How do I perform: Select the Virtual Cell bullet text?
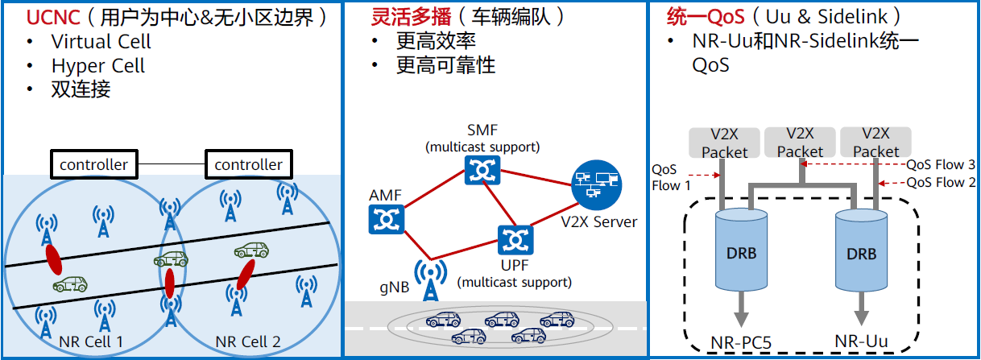tap(101, 41)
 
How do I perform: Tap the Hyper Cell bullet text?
tap(97, 65)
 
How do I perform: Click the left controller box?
tap(93, 164)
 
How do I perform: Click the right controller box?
tap(248, 164)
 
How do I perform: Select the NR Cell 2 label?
tap(248, 342)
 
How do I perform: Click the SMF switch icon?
tap(482, 169)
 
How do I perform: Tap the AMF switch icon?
tap(384, 218)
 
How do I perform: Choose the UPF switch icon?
tap(512, 239)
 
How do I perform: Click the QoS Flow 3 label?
tap(941, 163)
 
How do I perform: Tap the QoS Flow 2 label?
tap(941, 183)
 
